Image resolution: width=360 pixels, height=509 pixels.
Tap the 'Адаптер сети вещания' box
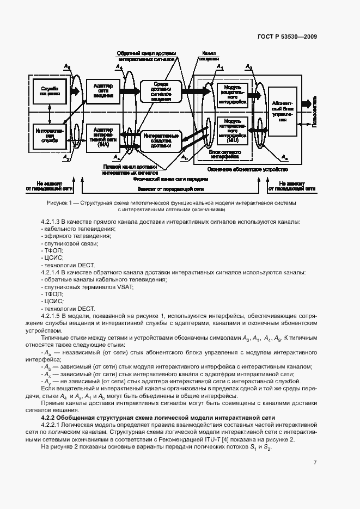pyautogui.click(x=103, y=90)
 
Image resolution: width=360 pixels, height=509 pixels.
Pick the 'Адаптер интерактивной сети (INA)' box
pyautogui.click(x=103, y=137)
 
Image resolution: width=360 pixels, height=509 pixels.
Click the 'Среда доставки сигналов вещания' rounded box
pyautogui.click(x=161, y=91)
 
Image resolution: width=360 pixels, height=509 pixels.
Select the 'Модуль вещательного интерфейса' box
pyautogui.click(x=233, y=95)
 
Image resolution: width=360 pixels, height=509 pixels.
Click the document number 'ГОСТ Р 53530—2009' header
pyautogui.click(x=286, y=37)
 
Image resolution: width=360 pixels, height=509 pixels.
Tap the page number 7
pyautogui.click(x=315, y=462)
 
